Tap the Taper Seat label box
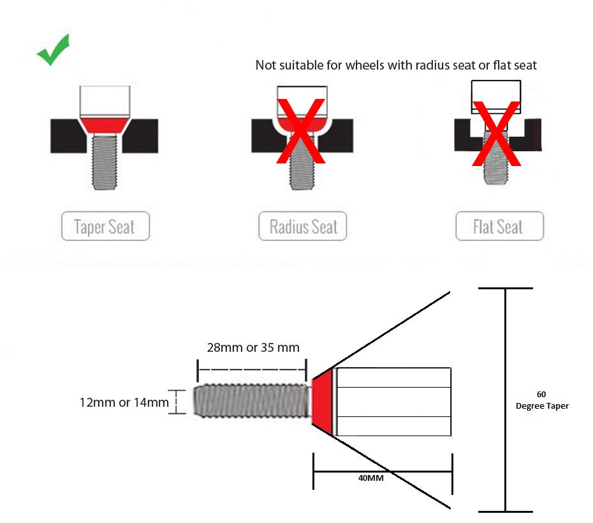(105, 226)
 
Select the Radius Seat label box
(302, 226)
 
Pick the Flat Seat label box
(500, 226)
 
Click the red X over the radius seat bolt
(301, 131)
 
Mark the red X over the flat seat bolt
(497, 133)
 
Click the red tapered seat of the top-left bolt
(105, 125)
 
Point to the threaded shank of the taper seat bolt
(105, 162)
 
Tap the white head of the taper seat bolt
(105, 101)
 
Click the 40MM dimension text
(370, 478)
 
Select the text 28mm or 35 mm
(253, 347)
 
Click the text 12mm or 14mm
(124, 402)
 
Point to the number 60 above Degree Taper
(541, 394)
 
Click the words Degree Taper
(542, 406)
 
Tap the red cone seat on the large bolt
(322, 402)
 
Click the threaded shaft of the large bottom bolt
(253, 400)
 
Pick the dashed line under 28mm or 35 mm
(253, 370)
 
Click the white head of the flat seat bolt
(496, 96)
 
